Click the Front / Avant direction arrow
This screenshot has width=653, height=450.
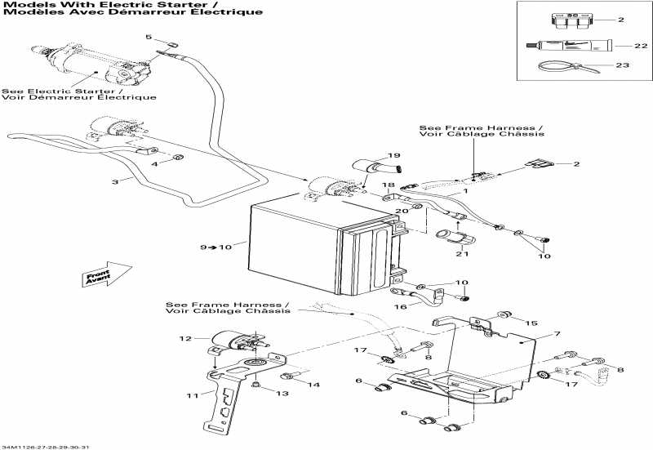click(x=107, y=276)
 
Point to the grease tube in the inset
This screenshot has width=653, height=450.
click(x=563, y=46)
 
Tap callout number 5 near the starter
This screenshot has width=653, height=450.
click(x=149, y=37)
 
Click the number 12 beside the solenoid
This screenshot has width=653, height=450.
click(x=184, y=338)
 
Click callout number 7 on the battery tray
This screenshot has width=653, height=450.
click(x=557, y=334)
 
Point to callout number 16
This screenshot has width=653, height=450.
click(x=400, y=308)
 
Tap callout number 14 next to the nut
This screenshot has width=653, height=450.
click(x=313, y=384)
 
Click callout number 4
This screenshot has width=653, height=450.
click(x=153, y=164)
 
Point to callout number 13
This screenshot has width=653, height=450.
click(x=282, y=393)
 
